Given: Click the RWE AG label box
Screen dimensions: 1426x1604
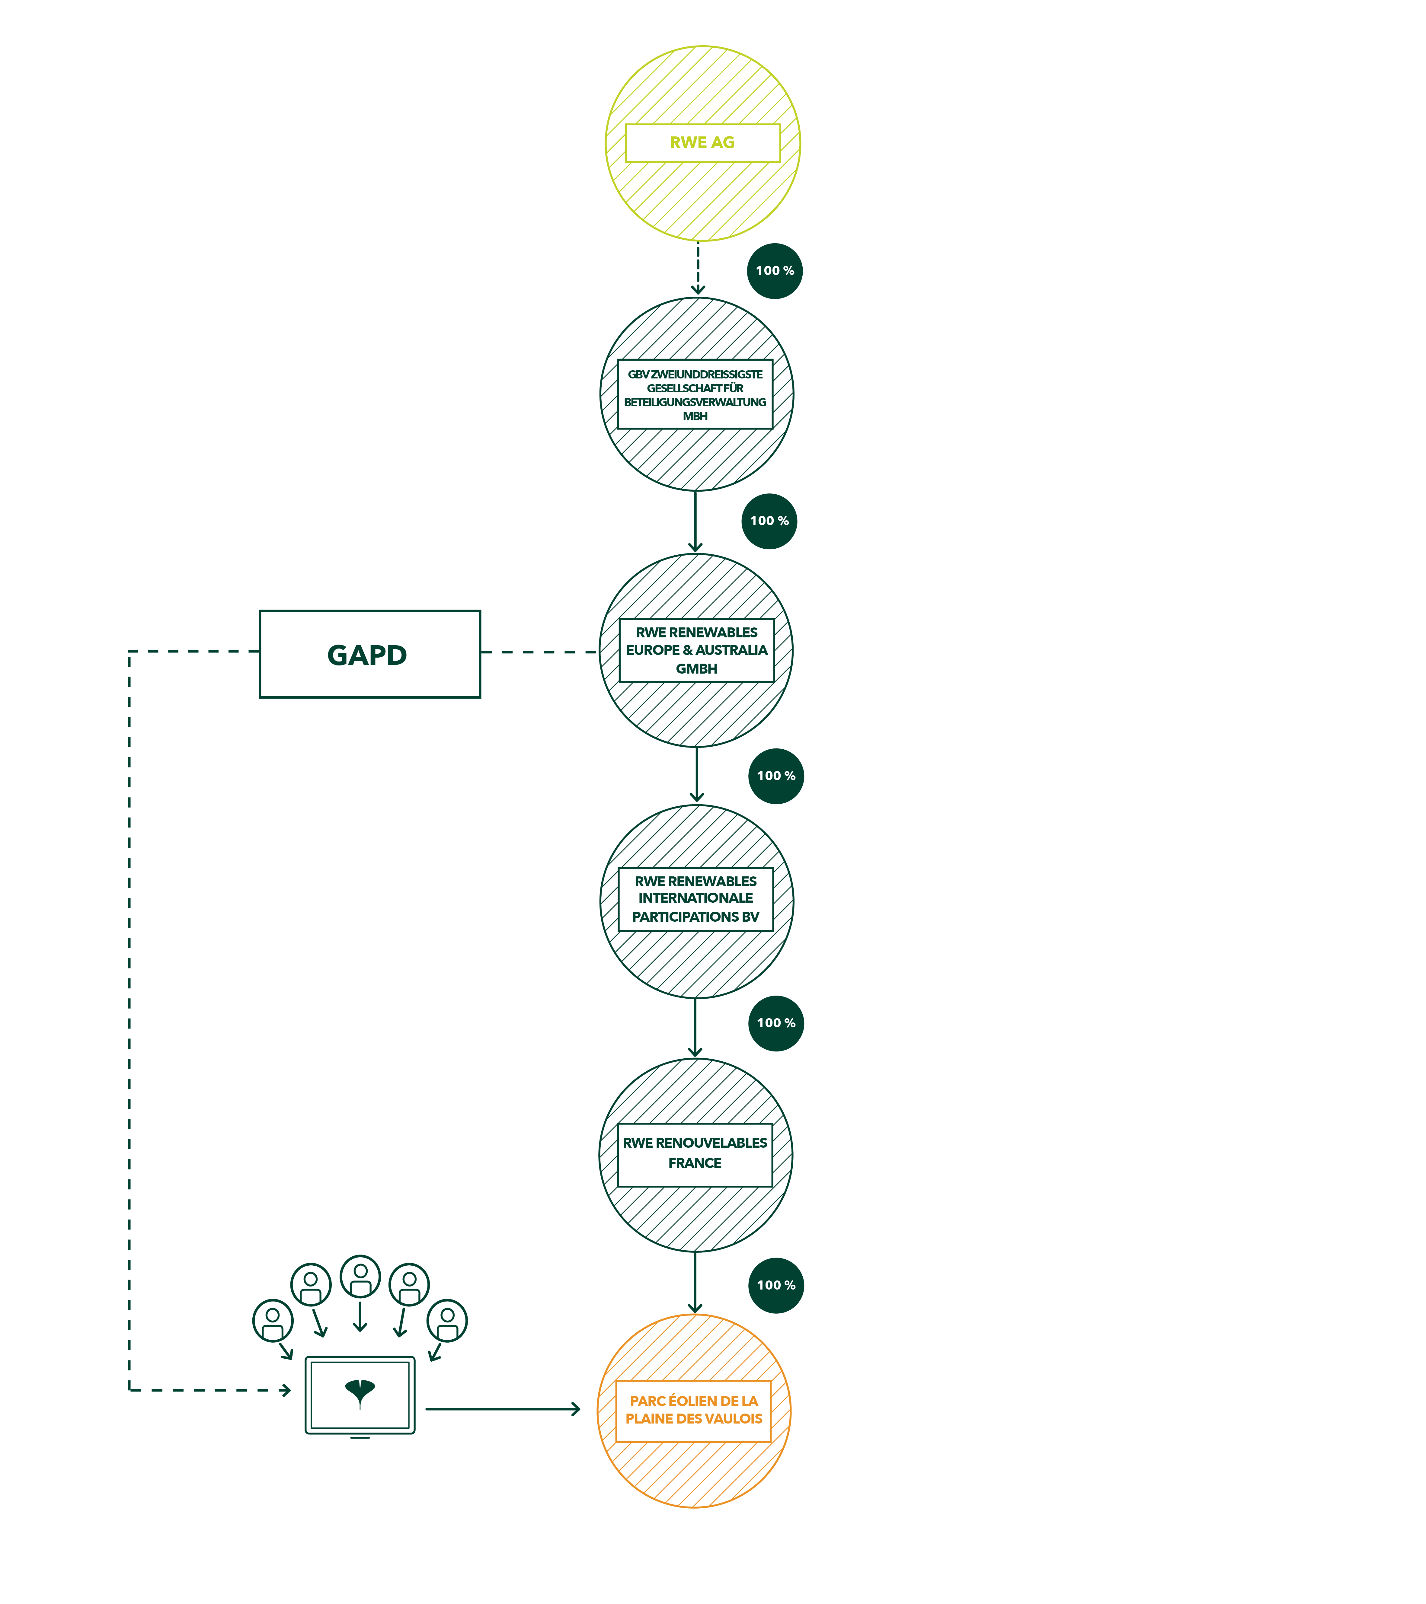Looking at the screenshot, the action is coord(702,143).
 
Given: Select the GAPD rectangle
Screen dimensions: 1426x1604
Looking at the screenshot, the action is coord(370,654).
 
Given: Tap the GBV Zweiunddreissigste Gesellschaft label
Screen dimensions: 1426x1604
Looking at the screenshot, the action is coord(695,395).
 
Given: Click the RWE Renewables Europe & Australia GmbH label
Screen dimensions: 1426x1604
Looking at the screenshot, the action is coord(697,651).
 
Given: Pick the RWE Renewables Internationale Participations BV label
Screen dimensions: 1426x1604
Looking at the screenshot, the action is coord(695,899).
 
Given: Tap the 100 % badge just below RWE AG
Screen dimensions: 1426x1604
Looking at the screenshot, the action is coord(775,271).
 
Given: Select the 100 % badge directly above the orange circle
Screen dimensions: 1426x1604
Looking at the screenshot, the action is coord(776,1285).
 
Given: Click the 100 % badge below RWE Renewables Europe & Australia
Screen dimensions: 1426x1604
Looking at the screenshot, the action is coord(776,776).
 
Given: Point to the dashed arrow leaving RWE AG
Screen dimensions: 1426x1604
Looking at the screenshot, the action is coord(698,268).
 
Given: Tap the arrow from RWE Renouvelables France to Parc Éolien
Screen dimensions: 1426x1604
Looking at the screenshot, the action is coord(695,1283).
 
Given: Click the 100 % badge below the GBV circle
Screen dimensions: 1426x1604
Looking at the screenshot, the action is coord(769,521).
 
